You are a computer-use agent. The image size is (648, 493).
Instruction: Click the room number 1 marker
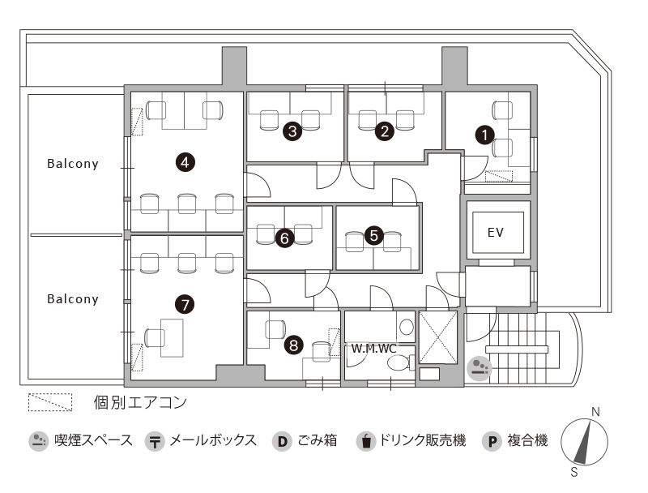tap(484, 135)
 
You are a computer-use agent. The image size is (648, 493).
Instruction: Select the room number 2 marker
tap(384, 131)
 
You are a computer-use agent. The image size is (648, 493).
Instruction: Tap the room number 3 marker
tap(292, 131)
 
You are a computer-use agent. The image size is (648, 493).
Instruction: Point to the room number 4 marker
tap(185, 161)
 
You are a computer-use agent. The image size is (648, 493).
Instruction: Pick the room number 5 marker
tap(373, 235)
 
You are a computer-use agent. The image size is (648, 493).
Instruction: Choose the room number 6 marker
tap(284, 238)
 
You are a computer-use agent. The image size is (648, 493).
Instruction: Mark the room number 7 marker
tap(185, 304)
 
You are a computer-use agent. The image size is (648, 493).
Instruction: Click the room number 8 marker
tap(293, 345)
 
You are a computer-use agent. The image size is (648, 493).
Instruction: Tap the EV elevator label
tap(496, 233)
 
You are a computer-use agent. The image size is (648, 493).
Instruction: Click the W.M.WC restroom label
tap(373, 348)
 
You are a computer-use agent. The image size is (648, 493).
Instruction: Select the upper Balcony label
tap(73, 164)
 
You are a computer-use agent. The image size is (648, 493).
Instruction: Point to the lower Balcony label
tap(73, 299)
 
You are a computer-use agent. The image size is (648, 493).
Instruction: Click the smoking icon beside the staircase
tap(480, 367)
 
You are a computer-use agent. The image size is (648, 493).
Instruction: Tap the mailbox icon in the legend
tap(155, 441)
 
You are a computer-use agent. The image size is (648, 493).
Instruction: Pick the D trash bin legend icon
tap(282, 441)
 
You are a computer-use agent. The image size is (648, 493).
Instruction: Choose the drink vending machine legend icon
tap(366, 441)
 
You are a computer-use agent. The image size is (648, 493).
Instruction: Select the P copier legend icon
tap(492, 441)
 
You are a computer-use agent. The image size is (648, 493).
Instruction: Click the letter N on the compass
tap(595, 412)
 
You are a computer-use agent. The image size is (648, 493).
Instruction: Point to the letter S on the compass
tap(574, 472)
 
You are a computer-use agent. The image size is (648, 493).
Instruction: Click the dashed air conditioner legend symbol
tap(50, 402)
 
